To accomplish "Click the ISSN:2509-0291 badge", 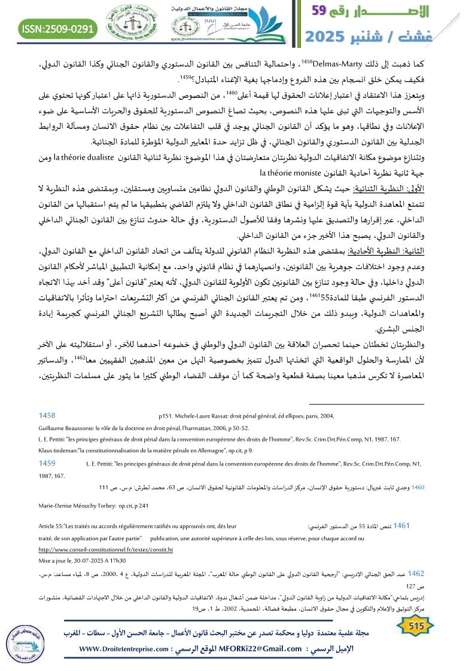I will pos(58,28).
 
